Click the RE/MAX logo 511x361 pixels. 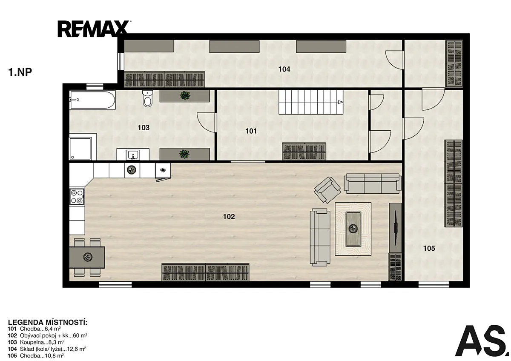tap(94, 29)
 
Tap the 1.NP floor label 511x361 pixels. tap(20, 72)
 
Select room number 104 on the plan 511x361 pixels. tap(284, 69)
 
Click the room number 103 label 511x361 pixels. tap(144, 127)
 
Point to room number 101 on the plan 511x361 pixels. tap(251, 131)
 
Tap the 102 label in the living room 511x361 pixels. tap(229, 216)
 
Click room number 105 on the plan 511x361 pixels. tap(429, 248)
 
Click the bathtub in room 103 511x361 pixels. tap(92, 100)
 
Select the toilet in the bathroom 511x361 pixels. tap(148, 98)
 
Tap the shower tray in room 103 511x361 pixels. tap(80, 148)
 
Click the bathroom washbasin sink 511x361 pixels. tap(133, 155)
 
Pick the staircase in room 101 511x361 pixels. tap(311, 102)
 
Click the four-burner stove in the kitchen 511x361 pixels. tap(77, 197)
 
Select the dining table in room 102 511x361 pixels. tap(87, 257)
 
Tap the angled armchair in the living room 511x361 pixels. tap(327, 190)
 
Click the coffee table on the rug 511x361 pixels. tap(353, 229)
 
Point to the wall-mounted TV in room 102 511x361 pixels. tap(396, 228)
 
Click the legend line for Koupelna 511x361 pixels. tap(36, 342)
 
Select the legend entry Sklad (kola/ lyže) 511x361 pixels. tap(47, 349)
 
